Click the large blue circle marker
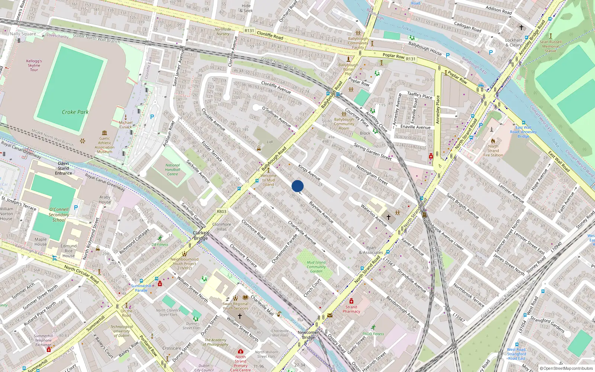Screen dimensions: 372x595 (x=297, y=186)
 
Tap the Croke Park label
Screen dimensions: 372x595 (x=75, y=112)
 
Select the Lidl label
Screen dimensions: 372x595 (x=270, y=142)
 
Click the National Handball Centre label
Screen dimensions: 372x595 (x=172, y=170)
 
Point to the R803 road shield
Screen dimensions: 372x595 (x=221, y=211)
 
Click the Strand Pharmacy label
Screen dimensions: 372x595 (x=351, y=309)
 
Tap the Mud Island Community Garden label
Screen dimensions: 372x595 (x=316, y=267)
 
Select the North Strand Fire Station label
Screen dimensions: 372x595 (x=493, y=151)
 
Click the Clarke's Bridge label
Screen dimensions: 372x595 (x=201, y=235)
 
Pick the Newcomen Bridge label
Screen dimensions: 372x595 (x=308, y=335)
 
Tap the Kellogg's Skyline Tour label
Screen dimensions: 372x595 (x=34, y=65)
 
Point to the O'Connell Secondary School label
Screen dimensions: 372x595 (x=59, y=215)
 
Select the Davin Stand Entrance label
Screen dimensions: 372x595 (x=64, y=168)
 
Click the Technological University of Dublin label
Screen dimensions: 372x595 (x=121, y=331)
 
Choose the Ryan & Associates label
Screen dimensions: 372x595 (x=371, y=250)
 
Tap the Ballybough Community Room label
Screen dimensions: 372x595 (x=344, y=124)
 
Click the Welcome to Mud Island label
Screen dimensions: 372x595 (x=268, y=180)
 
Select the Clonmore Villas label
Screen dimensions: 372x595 (x=222, y=227)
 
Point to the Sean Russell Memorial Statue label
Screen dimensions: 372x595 (x=550, y=46)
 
